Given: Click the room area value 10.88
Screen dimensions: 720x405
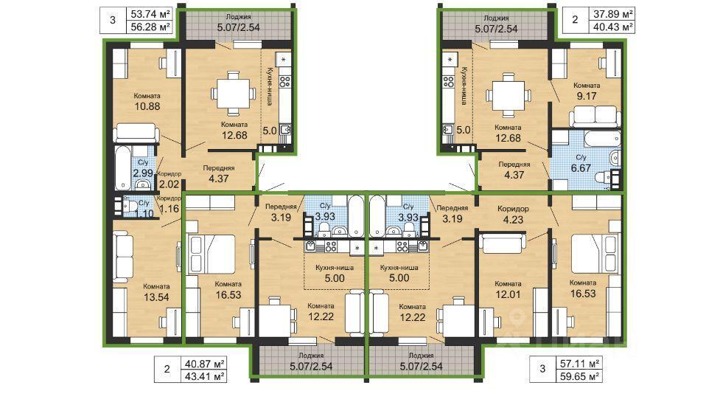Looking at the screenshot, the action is coord(147,107).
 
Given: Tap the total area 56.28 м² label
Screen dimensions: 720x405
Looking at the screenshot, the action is coord(150,27).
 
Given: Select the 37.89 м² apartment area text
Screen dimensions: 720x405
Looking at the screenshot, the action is coord(613,14).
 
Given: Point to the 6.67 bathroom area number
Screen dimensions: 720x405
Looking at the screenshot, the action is coord(581,168).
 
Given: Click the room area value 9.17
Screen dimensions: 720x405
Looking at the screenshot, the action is coord(587,96).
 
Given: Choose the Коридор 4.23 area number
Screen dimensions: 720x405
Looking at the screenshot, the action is coord(513,220).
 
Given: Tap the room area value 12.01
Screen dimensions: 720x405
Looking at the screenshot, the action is coord(508,294).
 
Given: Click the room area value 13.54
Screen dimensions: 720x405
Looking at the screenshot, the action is coord(156,297).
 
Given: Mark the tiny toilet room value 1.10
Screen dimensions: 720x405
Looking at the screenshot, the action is coord(145,213).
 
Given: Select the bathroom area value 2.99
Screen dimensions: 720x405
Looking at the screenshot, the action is coord(143,173).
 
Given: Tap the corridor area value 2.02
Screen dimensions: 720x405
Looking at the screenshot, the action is coord(168,185).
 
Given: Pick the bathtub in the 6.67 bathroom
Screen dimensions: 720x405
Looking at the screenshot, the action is coord(595,138).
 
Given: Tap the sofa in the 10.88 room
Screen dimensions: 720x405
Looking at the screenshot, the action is coord(136,134).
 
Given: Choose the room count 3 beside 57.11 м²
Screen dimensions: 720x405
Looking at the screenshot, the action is coord(542,369).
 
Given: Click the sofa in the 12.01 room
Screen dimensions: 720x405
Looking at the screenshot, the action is coord(503,243).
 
